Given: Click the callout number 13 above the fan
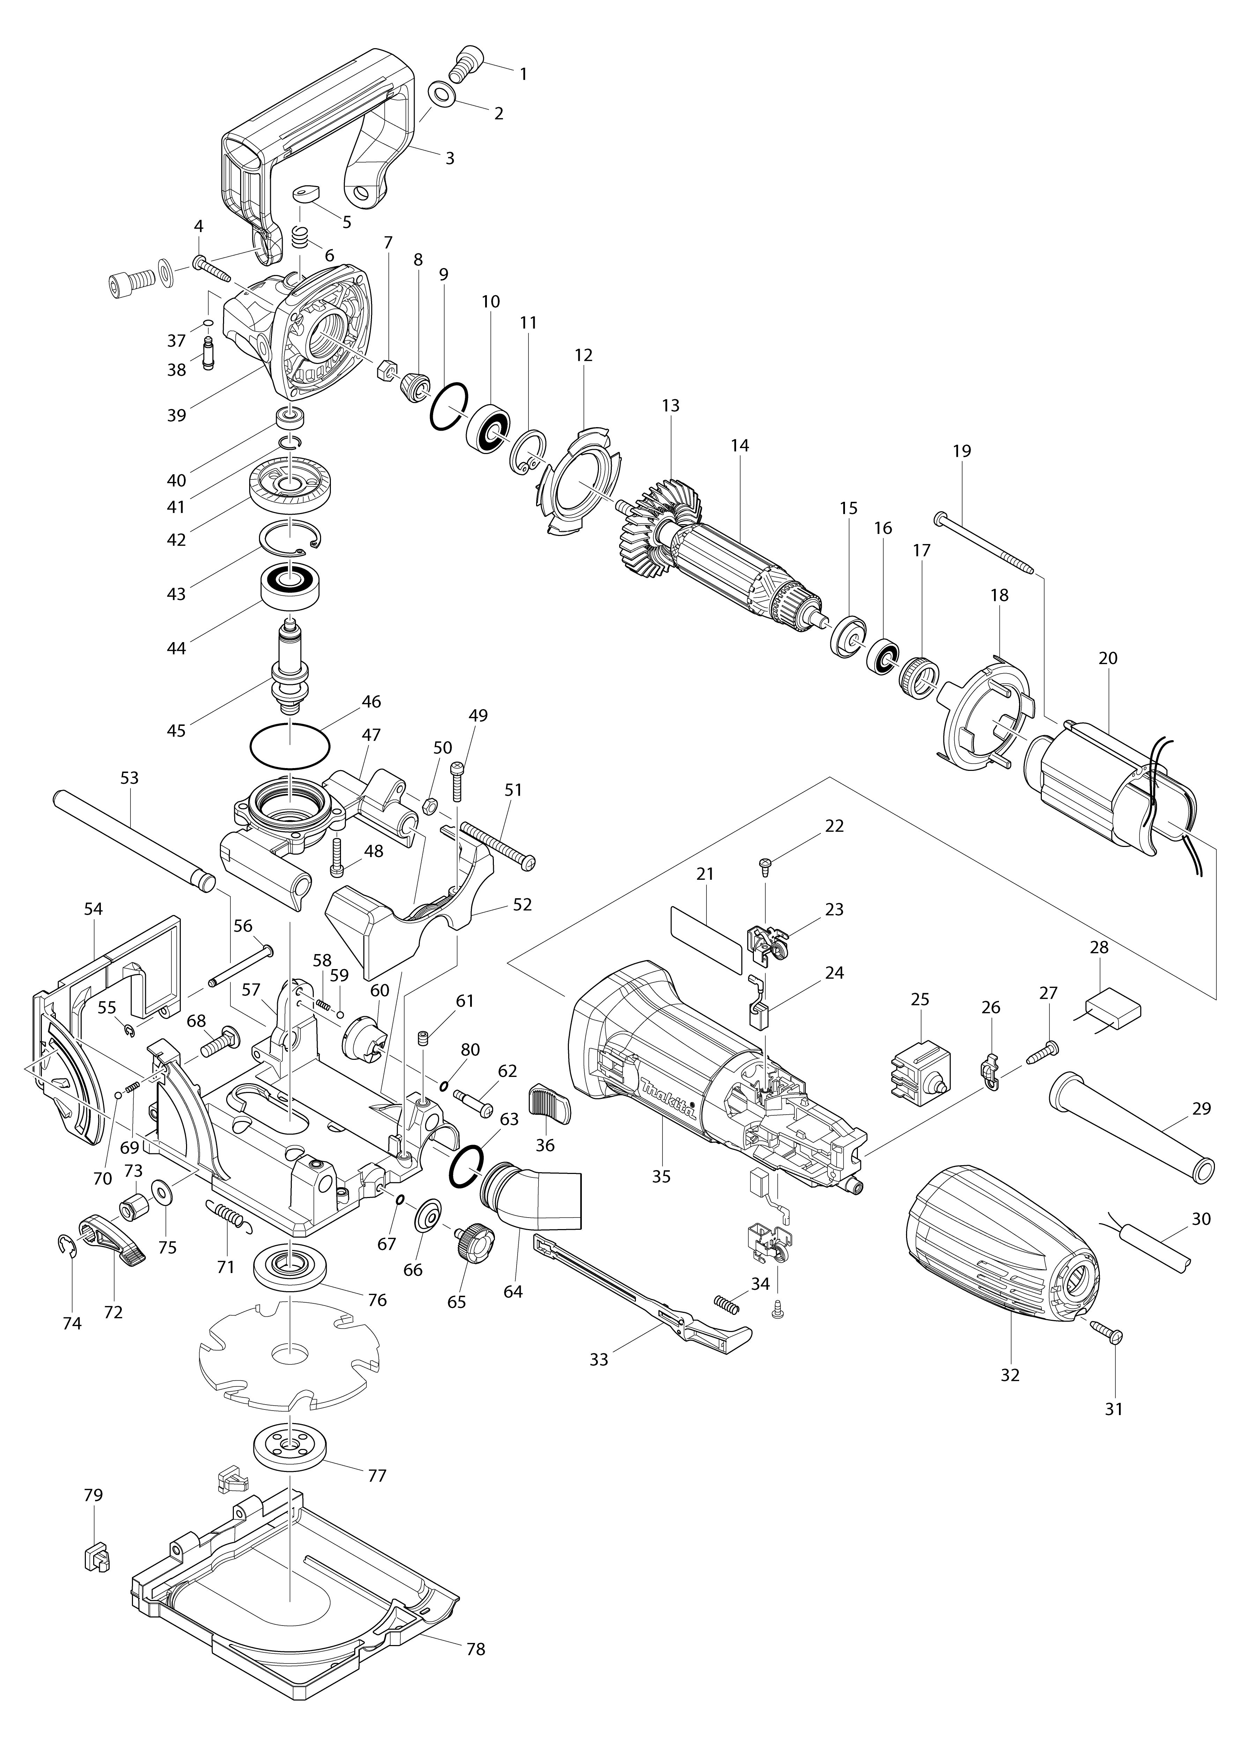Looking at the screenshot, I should point(670,406).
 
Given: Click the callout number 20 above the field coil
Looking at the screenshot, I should point(1108,658).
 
